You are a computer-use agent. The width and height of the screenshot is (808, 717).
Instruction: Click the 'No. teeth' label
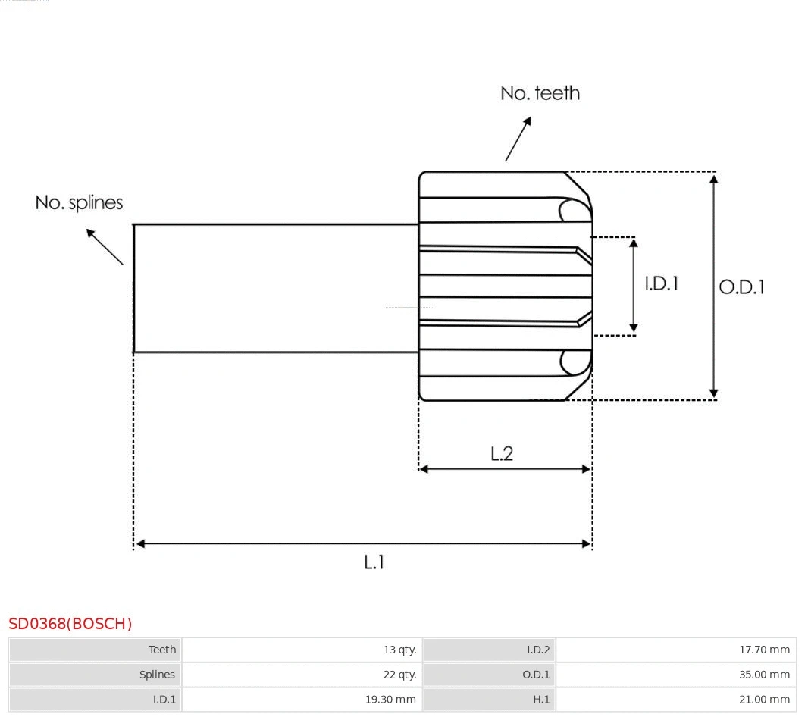540,93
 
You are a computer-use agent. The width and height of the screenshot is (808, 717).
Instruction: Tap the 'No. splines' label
79,202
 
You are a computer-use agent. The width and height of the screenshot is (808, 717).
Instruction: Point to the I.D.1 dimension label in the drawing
661,283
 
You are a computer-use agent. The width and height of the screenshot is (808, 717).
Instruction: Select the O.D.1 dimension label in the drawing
741,287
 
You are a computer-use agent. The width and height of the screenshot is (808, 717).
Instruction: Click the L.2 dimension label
502,453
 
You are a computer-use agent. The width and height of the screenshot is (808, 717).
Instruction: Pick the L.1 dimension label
374,562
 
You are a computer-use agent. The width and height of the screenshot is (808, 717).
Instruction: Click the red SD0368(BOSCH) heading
70,624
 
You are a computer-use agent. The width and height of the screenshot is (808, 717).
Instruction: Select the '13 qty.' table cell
399,650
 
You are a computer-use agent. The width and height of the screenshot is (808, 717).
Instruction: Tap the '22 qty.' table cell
399,675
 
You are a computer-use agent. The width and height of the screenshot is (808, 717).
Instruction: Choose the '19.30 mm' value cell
390,700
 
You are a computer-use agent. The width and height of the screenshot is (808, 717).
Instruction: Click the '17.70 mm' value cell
764,650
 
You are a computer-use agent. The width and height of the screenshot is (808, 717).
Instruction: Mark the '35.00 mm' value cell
764,675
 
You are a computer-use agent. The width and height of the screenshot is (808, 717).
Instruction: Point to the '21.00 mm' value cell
764,700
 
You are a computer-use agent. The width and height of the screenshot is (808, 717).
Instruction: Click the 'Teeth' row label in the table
162,650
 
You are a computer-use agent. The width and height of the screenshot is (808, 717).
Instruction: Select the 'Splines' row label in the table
157,675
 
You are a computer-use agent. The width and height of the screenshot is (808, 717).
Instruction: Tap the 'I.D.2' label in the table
538,650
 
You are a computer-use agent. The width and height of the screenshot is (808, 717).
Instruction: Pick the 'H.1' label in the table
540,700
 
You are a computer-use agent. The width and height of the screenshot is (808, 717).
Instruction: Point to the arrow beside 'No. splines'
104,246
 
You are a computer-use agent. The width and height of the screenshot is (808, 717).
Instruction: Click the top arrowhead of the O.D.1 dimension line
713,178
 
